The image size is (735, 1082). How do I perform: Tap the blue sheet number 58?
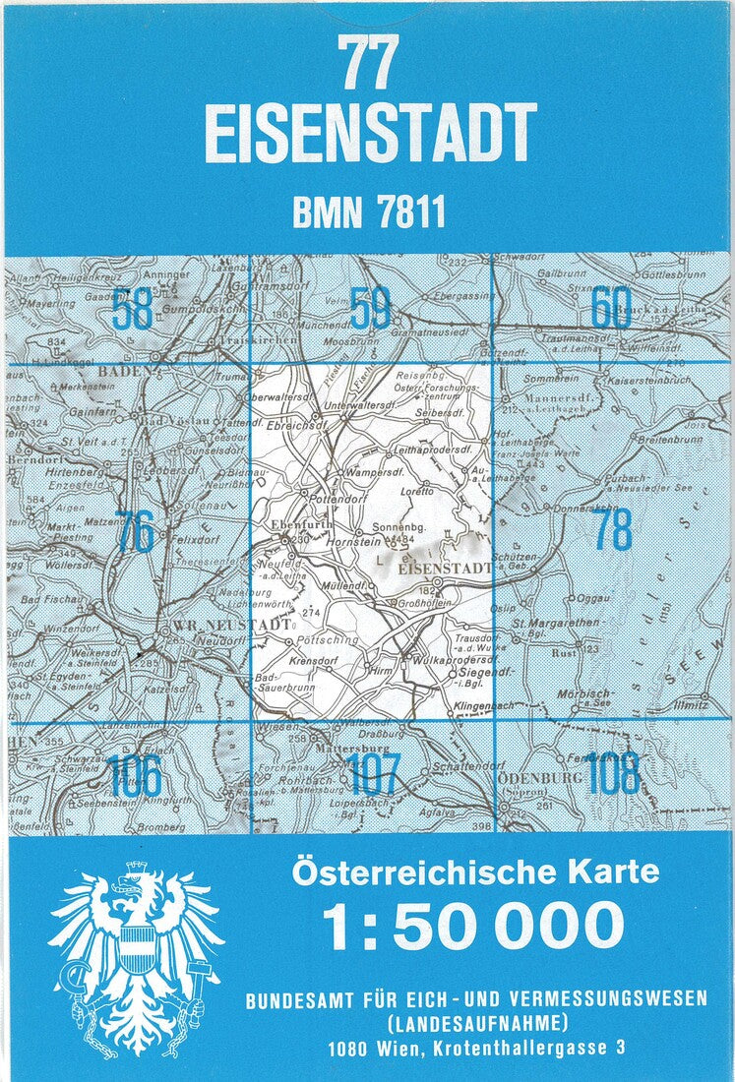(x=133, y=310)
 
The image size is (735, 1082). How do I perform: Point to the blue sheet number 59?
(x=371, y=310)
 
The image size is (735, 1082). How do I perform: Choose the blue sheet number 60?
(x=611, y=310)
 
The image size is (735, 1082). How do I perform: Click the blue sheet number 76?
(x=134, y=532)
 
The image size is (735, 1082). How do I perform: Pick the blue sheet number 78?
(x=612, y=532)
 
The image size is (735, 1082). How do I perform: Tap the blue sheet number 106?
(x=135, y=777)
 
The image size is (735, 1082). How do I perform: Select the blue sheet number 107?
(x=373, y=777)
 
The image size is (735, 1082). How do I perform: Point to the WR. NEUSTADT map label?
(x=244, y=624)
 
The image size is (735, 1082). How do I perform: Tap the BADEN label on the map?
(x=128, y=372)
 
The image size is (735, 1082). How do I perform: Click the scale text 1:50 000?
(x=474, y=926)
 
